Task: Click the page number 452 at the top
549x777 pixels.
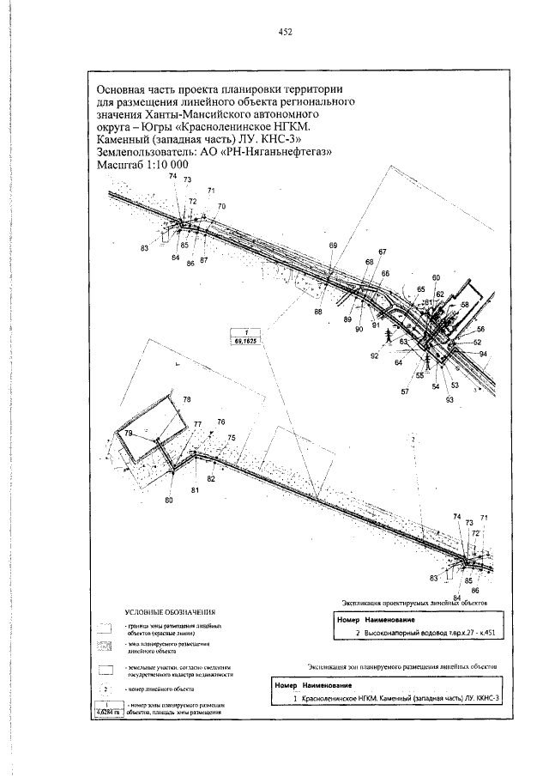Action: click(x=286, y=32)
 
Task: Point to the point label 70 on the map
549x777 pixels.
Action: click(x=221, y=207)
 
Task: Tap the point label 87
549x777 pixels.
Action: click(x=204, y=259)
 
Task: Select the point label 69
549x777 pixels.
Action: click(x=334, y=246)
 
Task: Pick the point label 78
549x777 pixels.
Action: click(x=187, y=400)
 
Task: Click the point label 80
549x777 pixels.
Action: click(x=168, y=499)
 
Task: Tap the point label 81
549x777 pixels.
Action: click(x=195, y=489)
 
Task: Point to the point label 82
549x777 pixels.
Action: click(x=211, y=478)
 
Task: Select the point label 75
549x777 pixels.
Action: click(x=231, y=438)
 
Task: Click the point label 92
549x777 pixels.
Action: click(x=375, y=355)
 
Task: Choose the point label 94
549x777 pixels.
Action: click(x=484, y=354)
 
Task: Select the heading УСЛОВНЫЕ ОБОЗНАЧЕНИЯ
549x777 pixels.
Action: click(x=169, y=611)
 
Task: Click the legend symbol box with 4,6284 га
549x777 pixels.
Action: click(x=106, y=708)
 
